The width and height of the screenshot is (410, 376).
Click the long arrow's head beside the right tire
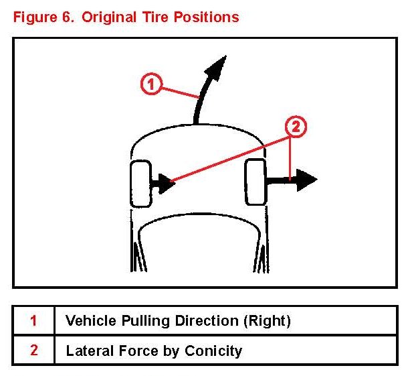[x=306, y=179]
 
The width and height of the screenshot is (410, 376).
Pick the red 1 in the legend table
[x=33, y=320]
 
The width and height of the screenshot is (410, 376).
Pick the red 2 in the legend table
[x=33, y=350]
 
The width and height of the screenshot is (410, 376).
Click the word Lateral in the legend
[x=88, y=350]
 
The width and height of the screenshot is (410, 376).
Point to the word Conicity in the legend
[x=216, y=350]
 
